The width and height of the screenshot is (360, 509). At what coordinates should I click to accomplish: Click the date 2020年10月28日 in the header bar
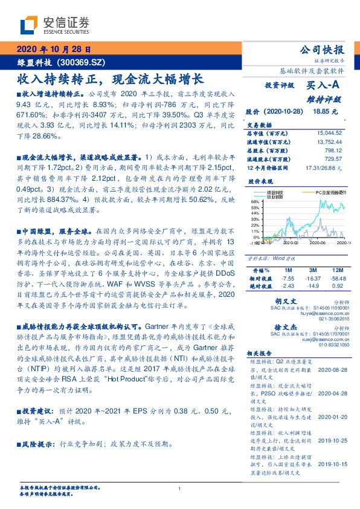pos(53,50)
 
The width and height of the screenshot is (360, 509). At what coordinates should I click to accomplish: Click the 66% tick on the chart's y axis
pos(255,201)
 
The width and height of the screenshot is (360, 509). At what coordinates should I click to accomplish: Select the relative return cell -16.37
pos(312,277)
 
